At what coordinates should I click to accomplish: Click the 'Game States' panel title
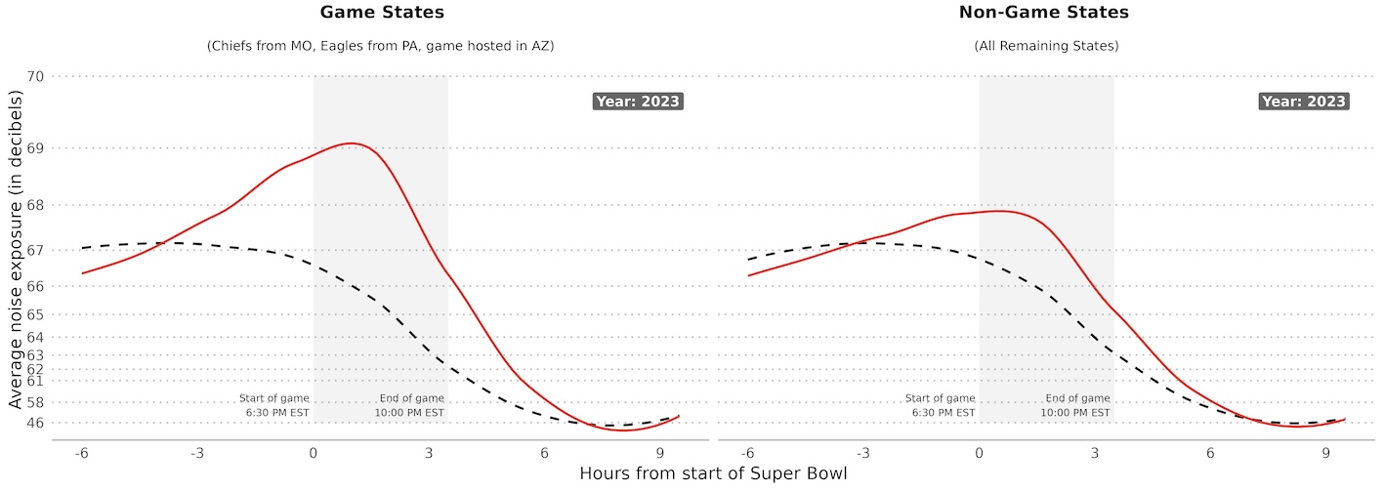380,14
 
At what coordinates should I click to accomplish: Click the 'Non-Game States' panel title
1046,14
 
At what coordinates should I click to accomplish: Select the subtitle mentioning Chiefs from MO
380,47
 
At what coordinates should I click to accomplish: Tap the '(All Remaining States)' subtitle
1046,47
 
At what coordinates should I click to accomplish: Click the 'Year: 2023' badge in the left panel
637,102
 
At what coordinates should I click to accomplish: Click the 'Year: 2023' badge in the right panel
1303,102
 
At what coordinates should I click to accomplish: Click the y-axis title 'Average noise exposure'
16,250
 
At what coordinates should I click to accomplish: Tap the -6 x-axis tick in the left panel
82,453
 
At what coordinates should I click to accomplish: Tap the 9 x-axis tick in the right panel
1325,453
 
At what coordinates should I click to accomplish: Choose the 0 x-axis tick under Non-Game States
979,453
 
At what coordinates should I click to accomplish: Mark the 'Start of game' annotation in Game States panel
274,406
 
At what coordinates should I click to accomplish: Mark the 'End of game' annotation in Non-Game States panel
1076,406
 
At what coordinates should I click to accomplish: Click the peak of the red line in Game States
351,143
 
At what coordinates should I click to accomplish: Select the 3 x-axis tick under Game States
429,453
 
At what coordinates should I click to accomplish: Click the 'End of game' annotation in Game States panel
410,406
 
